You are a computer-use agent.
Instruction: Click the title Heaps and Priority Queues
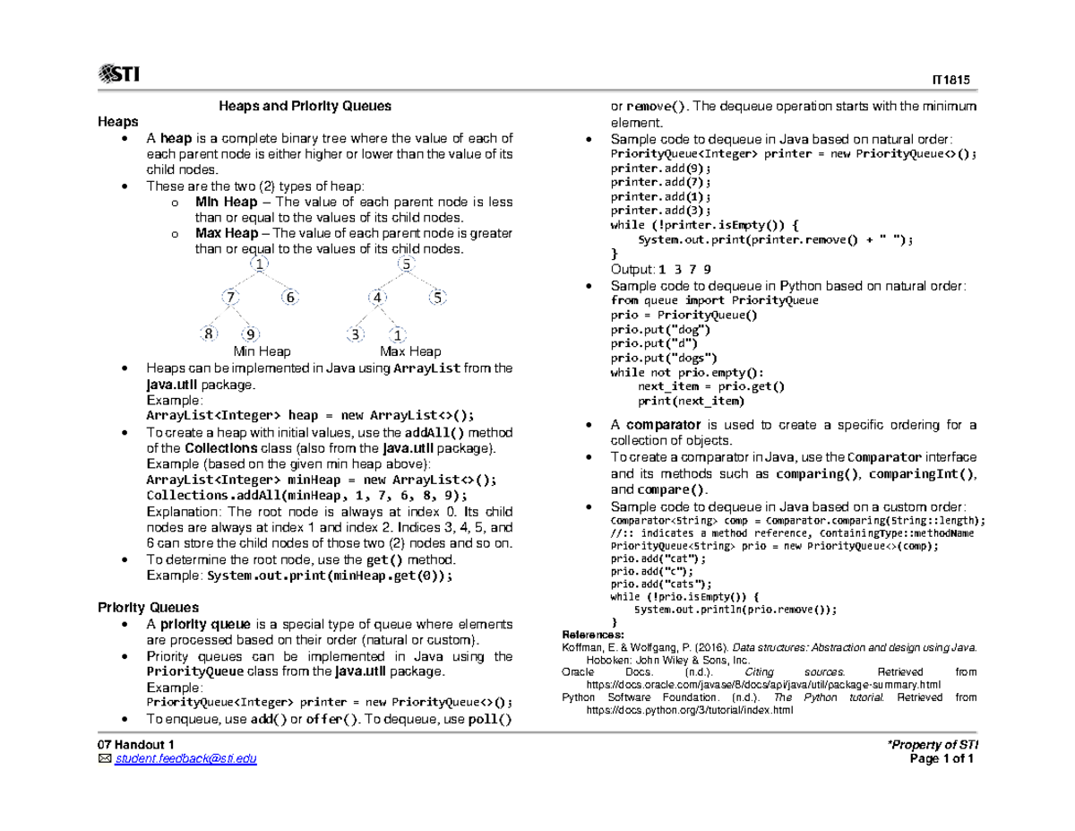(305, 106)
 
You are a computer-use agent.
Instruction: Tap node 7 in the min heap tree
(231, 297)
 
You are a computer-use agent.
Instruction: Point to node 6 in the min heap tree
(288, 298)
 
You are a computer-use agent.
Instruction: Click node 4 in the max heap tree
(380, 298)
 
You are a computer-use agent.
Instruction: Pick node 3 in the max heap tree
(356, 334)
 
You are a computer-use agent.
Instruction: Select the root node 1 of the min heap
(260, 264)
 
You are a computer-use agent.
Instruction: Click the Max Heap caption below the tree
(410, 351)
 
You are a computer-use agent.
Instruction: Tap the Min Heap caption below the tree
(262, 351)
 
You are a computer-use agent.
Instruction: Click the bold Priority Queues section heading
(148, 607)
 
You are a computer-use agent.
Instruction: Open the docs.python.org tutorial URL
(689, 710)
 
